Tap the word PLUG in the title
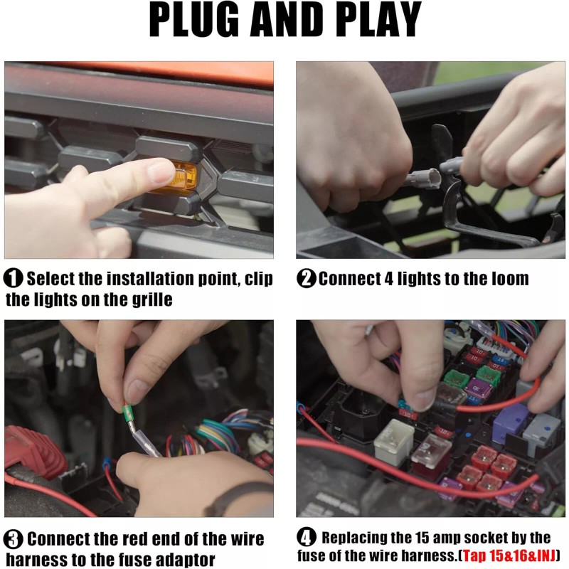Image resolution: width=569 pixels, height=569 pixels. coord(194,19)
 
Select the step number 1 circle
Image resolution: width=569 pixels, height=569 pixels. coord(13,279)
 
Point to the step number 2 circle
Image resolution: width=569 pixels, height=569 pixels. coord(307,279)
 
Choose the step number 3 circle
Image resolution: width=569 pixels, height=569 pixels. coord(13,539)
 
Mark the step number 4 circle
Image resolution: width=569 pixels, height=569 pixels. coord(307,537)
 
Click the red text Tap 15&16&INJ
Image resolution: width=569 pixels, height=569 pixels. coord(509,555)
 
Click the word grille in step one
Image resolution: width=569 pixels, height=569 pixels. coord(151,299)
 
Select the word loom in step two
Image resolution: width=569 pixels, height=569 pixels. coord(510,279)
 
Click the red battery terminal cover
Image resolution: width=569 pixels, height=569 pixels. coord(34,448)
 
